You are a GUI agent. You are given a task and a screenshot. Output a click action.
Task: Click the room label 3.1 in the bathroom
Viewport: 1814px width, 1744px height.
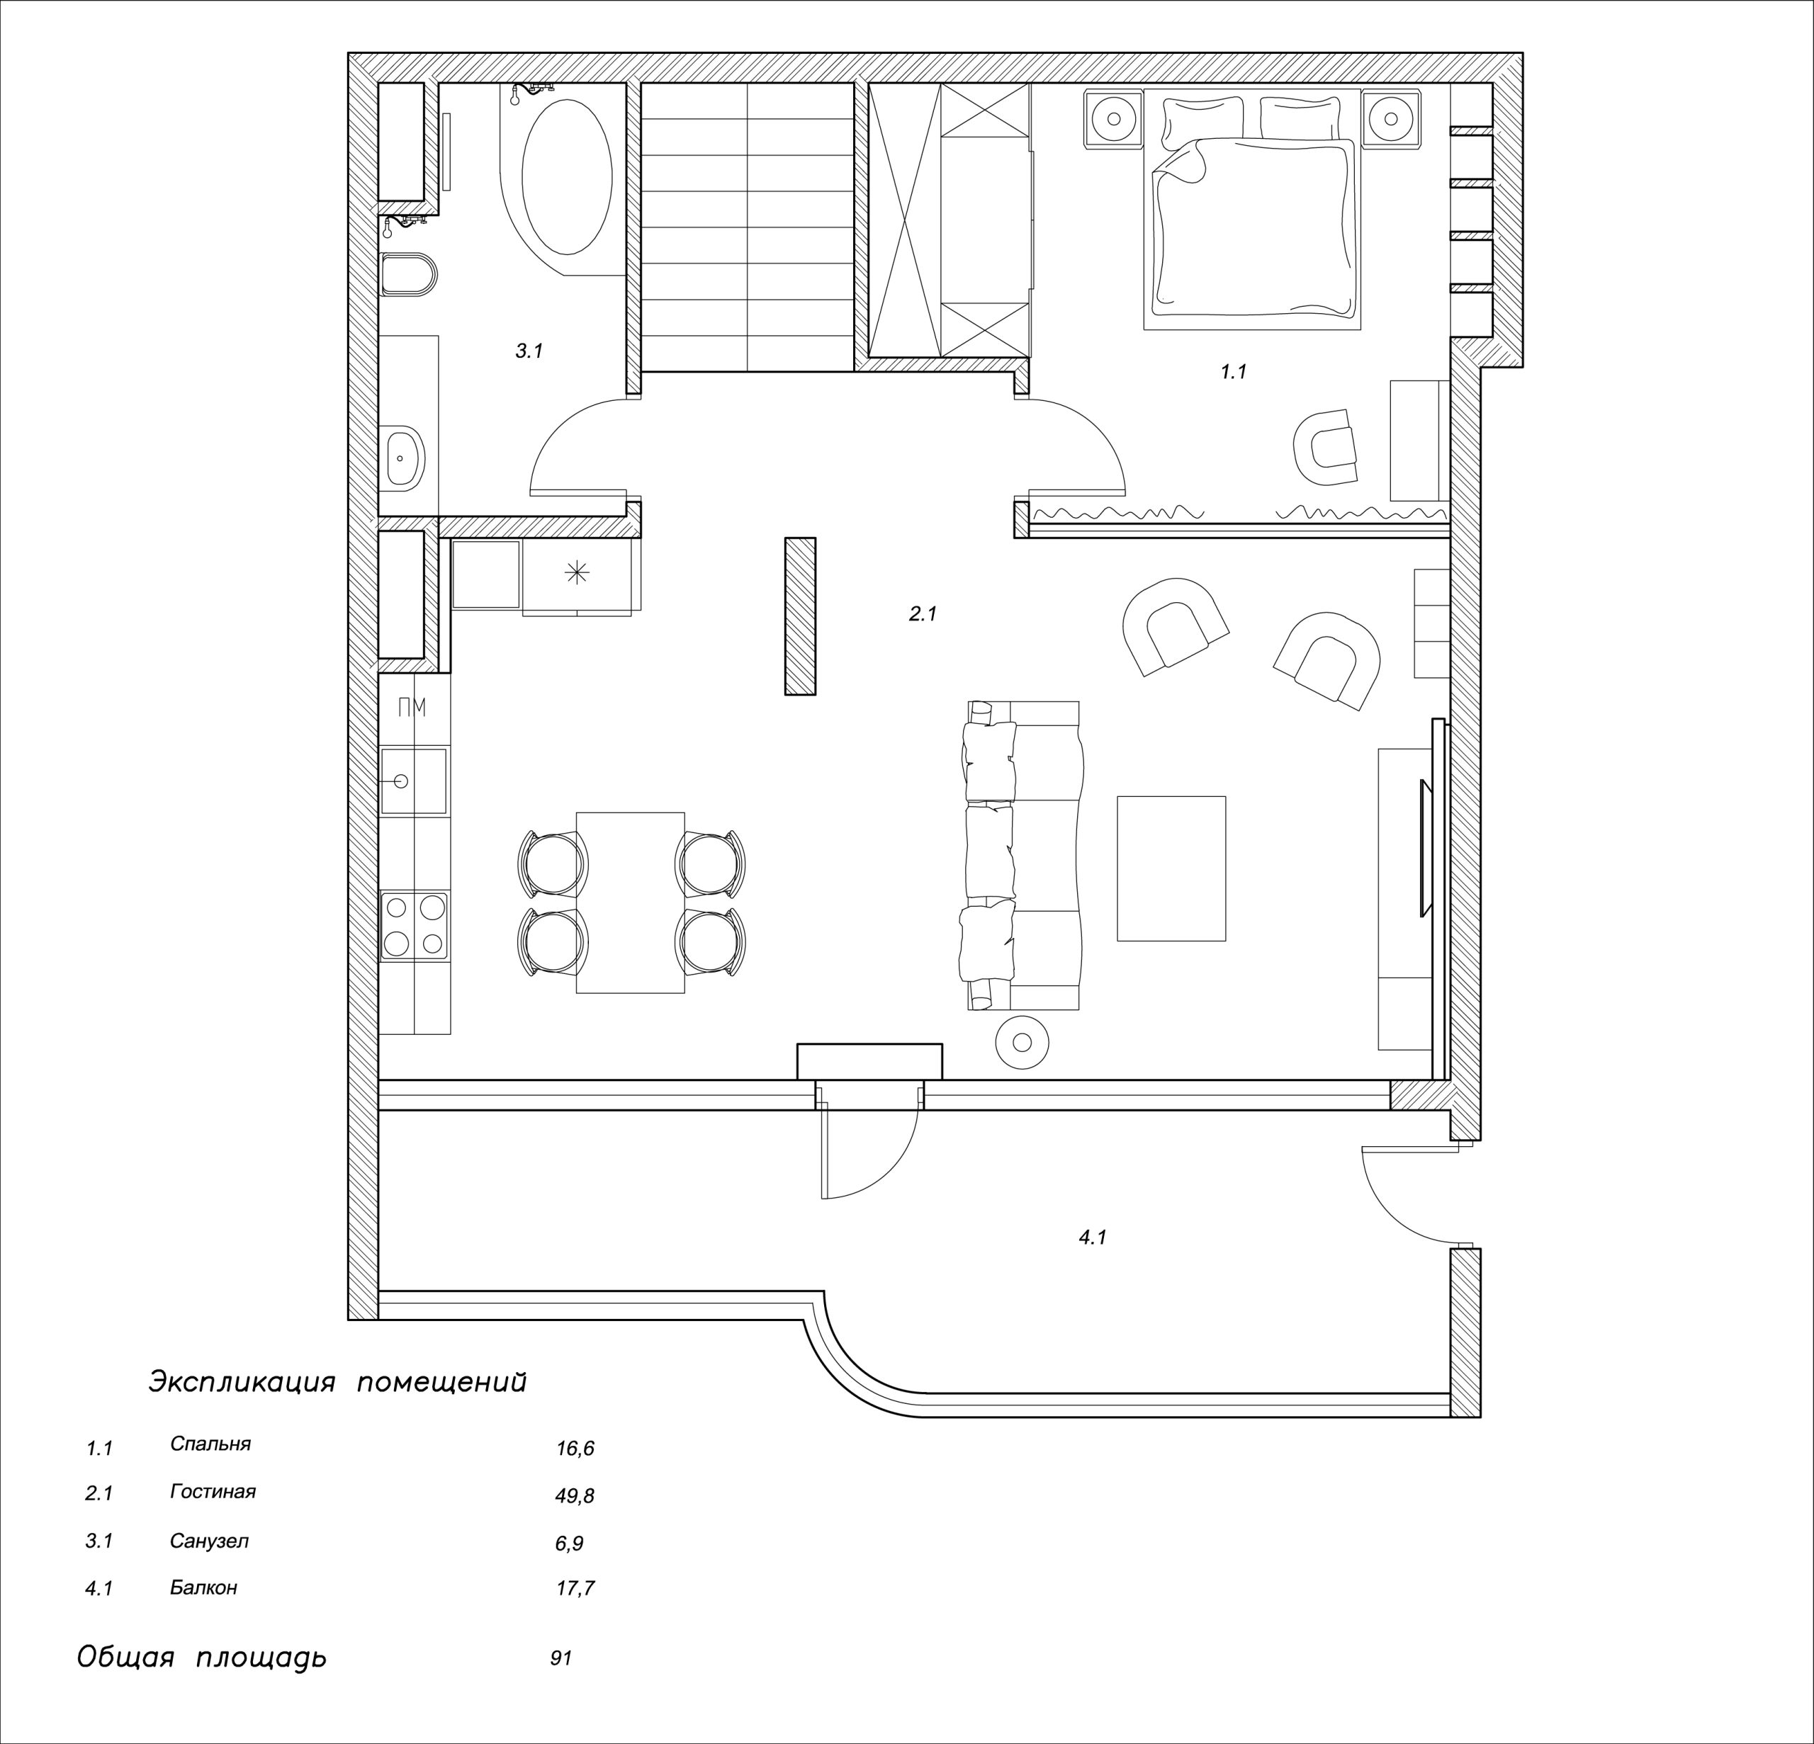[529, 351]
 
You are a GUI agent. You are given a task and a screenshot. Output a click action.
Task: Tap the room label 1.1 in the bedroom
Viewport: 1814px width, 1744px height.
[1233, 372]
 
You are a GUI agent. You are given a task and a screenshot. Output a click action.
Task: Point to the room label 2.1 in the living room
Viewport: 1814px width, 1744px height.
[923, 613]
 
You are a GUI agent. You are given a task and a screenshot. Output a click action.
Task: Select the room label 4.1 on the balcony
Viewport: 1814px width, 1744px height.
[1093, 1237]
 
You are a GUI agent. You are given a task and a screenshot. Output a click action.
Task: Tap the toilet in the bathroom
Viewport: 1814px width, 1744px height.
[408, 274]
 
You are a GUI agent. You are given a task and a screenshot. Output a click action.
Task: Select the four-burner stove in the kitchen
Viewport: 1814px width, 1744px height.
[415, 925]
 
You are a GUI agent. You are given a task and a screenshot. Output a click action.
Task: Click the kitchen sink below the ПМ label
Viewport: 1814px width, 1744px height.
[414, 782]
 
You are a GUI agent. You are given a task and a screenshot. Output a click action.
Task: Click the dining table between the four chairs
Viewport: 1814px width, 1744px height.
[630, 903]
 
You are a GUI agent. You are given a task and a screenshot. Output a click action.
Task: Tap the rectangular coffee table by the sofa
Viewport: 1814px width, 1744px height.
[1171, 868]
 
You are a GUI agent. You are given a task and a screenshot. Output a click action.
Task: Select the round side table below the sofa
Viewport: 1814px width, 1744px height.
[1022, 1043]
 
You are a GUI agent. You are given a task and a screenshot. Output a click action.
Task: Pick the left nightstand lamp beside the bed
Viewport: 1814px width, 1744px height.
[1115, 118]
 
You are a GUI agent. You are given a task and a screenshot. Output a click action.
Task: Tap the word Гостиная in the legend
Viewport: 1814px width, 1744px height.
[213, 1491]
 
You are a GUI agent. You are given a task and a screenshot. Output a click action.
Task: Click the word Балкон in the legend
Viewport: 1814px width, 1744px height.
[203, 1587]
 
